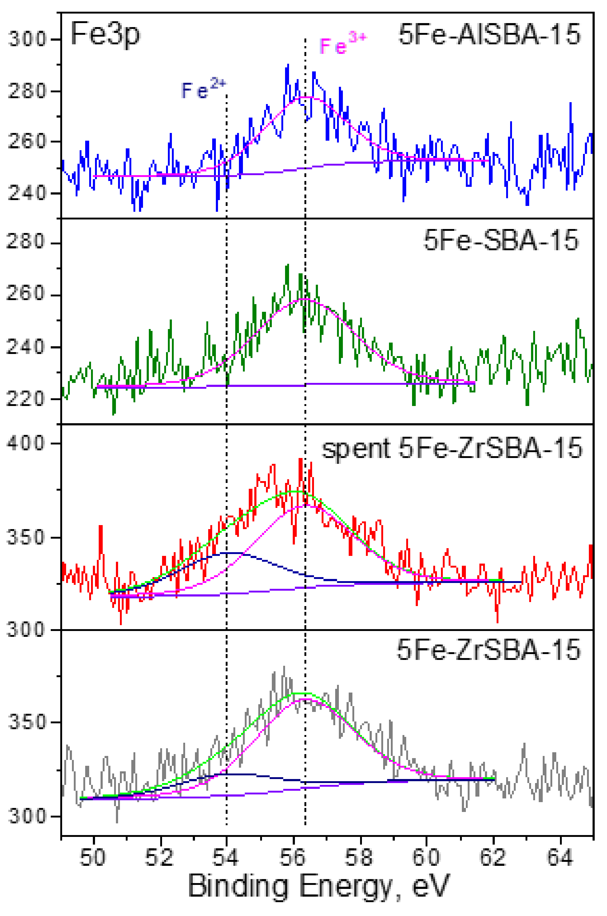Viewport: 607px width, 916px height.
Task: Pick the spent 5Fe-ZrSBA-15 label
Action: tap(452, 449)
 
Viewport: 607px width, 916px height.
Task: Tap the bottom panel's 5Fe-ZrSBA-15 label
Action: tap(489, 650)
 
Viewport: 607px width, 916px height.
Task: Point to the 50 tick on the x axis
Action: tap(93, 858)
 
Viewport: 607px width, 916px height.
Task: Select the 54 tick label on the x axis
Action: tap(226, 858)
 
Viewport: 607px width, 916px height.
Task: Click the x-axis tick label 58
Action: tap(360, 858)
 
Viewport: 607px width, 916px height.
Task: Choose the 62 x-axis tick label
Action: tap(493, 858)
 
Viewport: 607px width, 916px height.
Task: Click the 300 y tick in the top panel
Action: tap(27, 39)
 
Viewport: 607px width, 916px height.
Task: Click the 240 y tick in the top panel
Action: tap(27, 193)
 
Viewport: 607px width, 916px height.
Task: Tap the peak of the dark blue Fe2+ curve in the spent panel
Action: tap(232, 552)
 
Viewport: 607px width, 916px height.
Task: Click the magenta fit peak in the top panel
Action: tap(306, 97)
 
